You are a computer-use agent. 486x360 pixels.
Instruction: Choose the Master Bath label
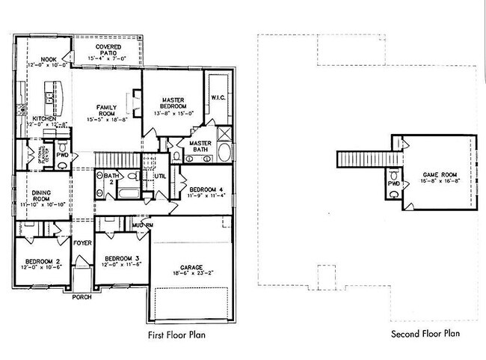pyautogui.click(x=200, y=145)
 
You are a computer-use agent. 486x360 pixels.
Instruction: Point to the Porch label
pyautogui.click(x=81, y=296)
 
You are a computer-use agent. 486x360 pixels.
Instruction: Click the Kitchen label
pyautogui.click(x=43, y=118)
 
